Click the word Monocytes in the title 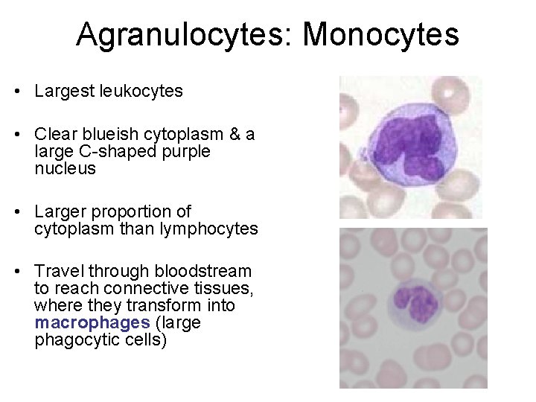pos(381,34)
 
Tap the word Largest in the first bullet pos(63,92)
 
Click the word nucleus pos(65,169)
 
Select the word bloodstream pos(201,272)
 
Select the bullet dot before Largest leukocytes pos(15,92)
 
